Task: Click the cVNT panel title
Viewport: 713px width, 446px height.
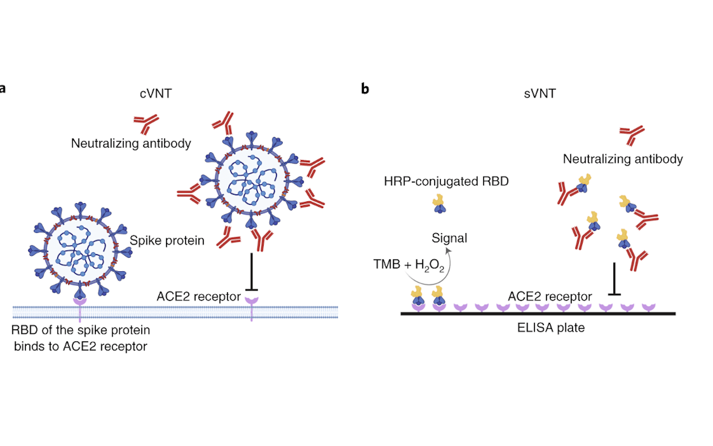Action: point(156,93)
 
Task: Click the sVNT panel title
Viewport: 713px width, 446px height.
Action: point(540,93)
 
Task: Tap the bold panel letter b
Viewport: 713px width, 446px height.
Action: point(365,89)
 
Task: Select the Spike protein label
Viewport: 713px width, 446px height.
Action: point(167,240)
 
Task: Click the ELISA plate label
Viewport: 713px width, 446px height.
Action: point(551,328)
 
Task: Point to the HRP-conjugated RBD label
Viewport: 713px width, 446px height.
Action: point(446,181)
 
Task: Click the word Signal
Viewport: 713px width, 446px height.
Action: point(449,238)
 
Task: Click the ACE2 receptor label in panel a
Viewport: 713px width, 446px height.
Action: point(198,296)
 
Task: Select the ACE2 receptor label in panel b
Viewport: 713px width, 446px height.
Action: point(550,296)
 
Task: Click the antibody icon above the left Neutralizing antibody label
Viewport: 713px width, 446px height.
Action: point(146,124)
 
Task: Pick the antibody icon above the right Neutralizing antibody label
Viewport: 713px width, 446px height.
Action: point(632,135)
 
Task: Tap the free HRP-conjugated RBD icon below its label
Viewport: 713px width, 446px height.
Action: point(439,204)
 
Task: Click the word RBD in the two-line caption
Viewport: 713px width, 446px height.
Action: point(24,330)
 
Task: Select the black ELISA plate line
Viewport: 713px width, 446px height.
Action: point(538,314)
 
